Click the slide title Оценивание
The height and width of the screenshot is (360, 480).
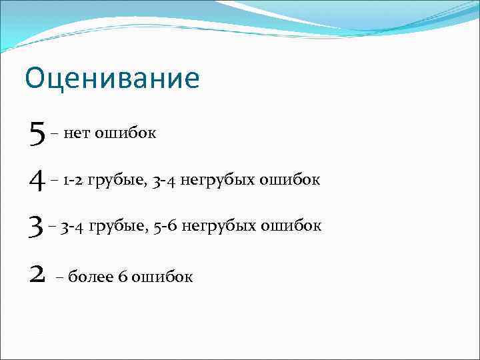pyautogui.click(x=112, y=79)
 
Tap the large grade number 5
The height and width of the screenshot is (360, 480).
pyautogui.click(x=36, y=133)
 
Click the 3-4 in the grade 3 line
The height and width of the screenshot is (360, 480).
pyautogui.click(x=73, y=227)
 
